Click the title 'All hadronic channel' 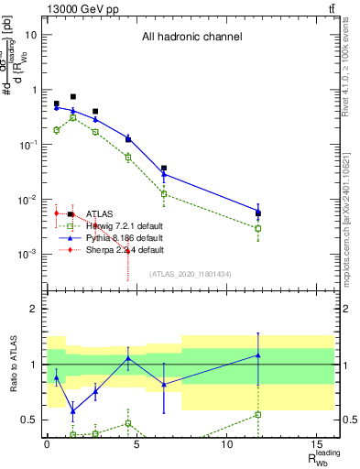coord(191,38)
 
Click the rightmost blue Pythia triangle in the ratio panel coord(258,355)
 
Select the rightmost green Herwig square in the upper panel coord(258,228)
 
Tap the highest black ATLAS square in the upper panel coord(73,96)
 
